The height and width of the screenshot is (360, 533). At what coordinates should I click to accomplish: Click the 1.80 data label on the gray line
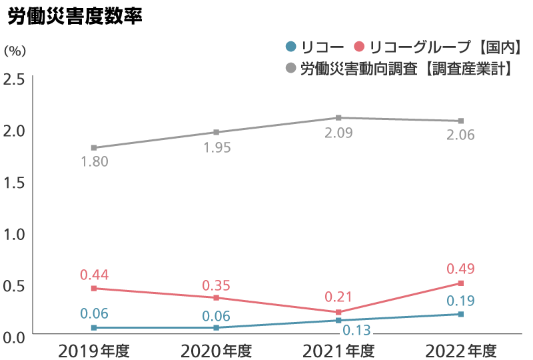click(x=94, y=162)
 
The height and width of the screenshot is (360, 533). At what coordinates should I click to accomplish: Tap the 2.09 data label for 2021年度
click(x=338, y=133)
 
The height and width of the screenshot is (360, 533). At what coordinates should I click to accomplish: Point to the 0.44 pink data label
click(x=94, y=275)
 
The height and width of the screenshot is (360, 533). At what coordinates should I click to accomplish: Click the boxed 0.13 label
click(x=357, y=329)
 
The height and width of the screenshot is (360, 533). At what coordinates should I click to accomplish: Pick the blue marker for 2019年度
click(x=94, y=328)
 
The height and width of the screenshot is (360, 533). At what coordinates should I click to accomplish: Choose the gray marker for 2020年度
click(x=217, y=132)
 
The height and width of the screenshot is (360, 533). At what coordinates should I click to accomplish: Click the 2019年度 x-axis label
click(x=94, y=350)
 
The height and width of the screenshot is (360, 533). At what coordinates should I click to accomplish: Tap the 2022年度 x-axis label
click(x=461, y=350)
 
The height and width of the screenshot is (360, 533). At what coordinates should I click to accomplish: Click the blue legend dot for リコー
click(x=290, y=47)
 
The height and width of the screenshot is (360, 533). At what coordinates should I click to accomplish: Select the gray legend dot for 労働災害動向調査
click(x=290, y=69)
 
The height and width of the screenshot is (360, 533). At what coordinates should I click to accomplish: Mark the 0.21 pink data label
click(x=338, y=297)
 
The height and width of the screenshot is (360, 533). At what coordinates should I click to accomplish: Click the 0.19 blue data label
click(x=460, y=301)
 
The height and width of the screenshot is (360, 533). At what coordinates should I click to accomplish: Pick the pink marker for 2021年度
click(x=338, y=312)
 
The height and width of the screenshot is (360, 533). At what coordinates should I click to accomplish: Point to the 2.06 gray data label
click(x=460, y=136)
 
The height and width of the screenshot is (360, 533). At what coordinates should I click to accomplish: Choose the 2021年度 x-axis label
click(x=338, y=350)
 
